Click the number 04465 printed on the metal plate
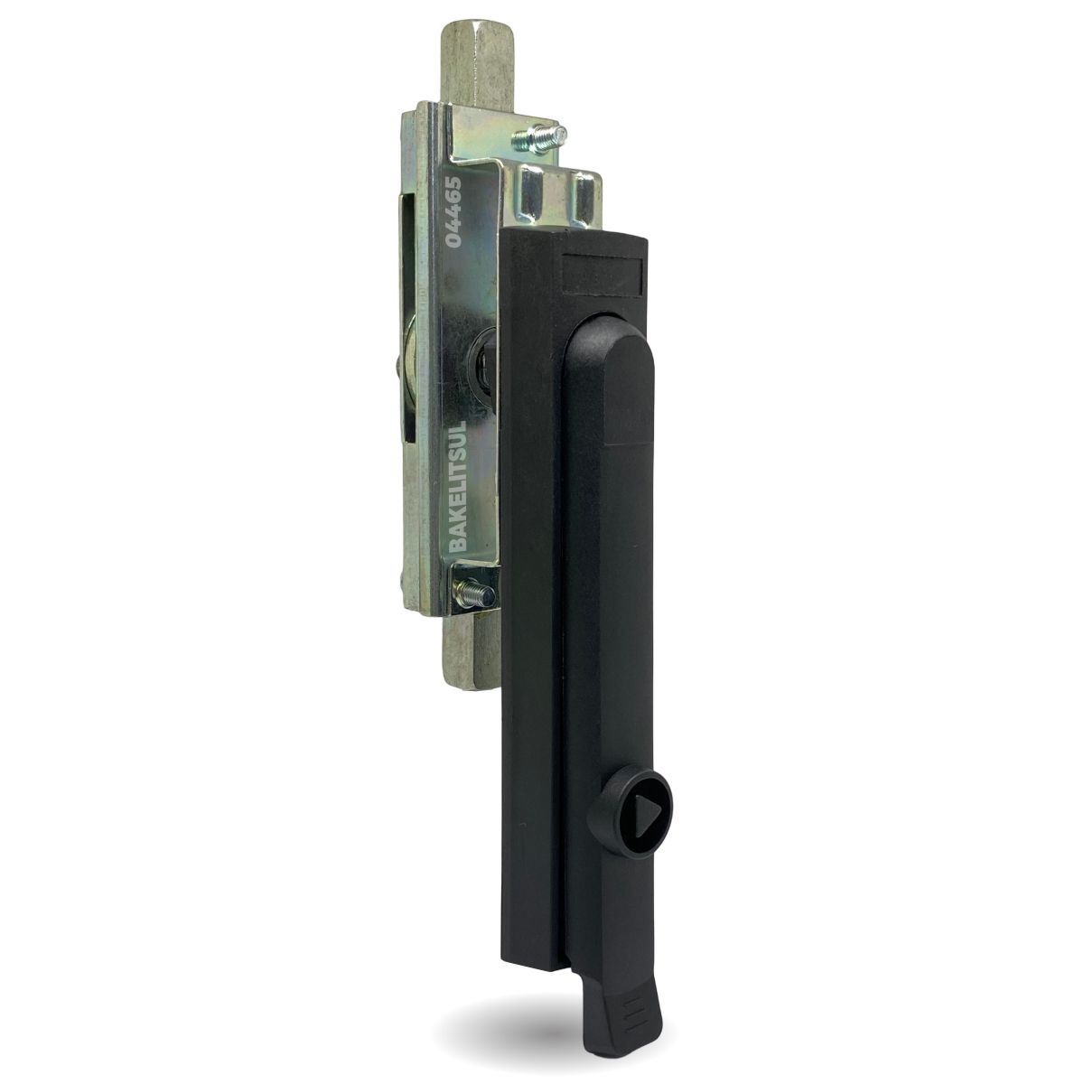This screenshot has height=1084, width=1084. click(453, 212)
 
